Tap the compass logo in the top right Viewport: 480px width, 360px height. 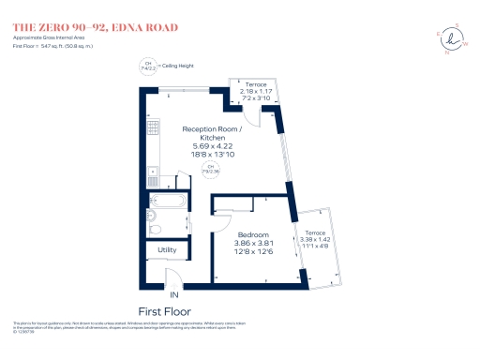tap(455, 39)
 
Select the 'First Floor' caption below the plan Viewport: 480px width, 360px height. tap(166, 310)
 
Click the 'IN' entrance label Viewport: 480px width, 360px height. tap(173, 293)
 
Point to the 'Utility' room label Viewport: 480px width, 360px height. tap(167, 250)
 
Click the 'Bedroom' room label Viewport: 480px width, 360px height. tap(253, 234)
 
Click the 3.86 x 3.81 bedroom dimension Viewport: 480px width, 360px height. tap(253, 243)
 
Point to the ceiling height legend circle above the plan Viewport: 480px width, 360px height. tap(146, 66)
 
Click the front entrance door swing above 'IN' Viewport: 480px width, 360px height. tap(173, 277)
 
